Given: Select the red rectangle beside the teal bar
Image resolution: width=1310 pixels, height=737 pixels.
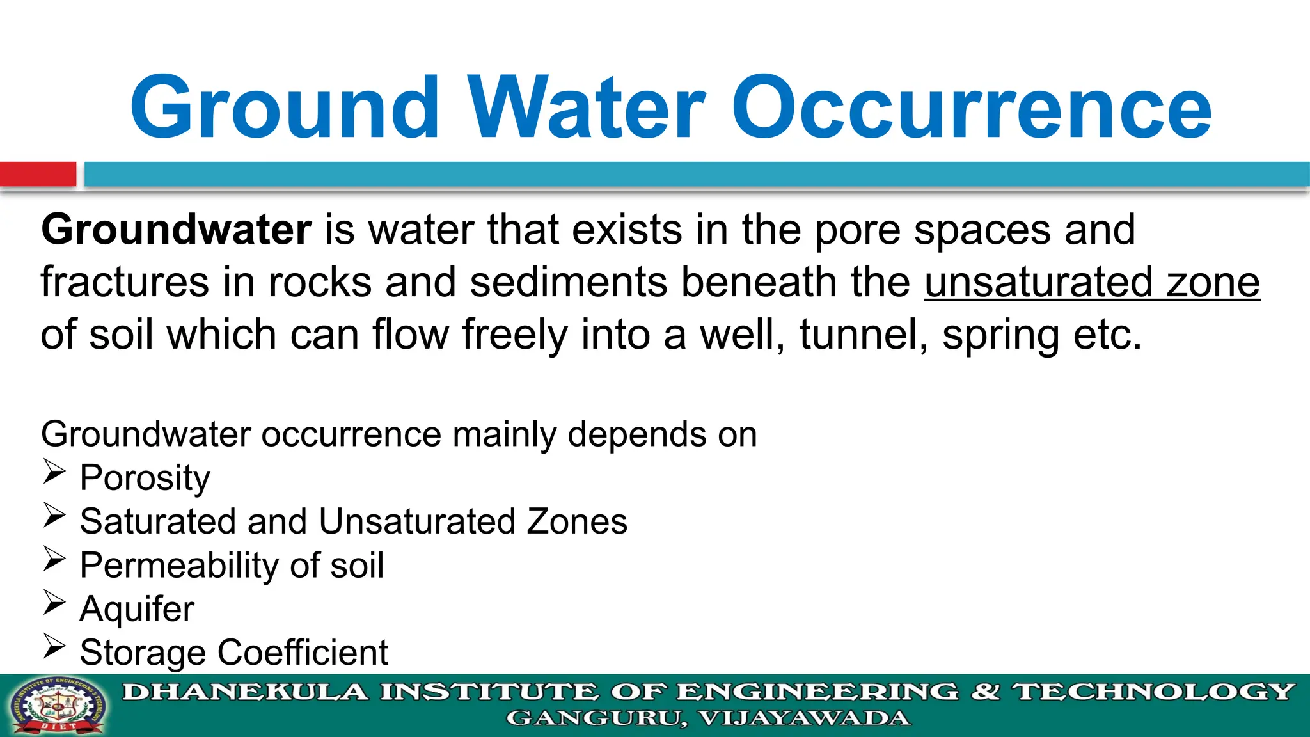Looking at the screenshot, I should tap(38, 174).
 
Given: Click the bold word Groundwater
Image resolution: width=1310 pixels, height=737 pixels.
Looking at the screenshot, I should tap(176, 230).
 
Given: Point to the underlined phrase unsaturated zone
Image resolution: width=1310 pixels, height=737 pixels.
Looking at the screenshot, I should tap(1092, 282).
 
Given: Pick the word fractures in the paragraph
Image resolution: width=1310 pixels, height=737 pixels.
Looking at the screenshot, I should tap(125, 282).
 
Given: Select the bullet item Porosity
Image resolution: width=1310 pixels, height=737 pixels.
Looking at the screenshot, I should tap(145, 478).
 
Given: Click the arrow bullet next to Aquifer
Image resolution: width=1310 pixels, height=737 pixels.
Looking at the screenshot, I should tap(54, 603).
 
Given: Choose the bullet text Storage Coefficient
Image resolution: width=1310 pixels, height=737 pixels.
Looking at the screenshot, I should tap(233, 653).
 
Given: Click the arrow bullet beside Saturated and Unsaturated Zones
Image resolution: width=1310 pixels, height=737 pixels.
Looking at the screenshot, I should tap(54, 515).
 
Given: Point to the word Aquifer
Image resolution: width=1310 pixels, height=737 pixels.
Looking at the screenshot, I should tap(137, 608).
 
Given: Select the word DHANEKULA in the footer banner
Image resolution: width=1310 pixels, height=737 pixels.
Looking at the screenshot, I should tap(246, 692).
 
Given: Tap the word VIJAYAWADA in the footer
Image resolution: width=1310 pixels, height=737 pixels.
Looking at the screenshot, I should tap(804, 718).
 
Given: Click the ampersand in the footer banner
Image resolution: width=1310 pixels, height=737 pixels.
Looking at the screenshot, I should tap(985, 692).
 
